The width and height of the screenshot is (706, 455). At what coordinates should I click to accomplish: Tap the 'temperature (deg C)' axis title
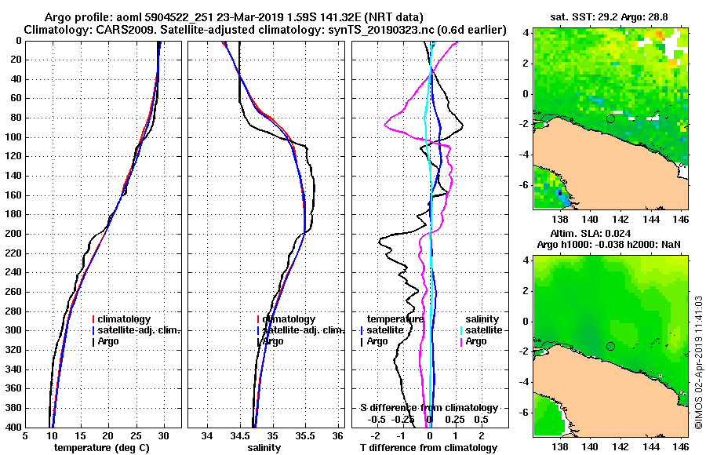click(x=101, y=448)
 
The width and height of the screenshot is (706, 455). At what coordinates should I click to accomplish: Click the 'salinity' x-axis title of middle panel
click(x=264, y=448)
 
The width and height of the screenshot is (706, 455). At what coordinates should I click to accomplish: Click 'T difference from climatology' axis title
click(x=428, y=448)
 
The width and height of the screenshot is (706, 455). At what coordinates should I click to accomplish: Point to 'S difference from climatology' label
click(x=428, y=408)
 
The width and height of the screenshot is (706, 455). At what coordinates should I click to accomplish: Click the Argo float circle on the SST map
click(x=610, y=118)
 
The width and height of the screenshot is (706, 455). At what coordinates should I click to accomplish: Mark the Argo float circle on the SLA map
click(x=610, y=346)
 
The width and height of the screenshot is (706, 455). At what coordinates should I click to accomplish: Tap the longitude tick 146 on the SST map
click(x=680, y=220)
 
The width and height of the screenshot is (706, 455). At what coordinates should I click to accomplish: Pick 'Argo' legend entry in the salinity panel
click(x=273, y=341)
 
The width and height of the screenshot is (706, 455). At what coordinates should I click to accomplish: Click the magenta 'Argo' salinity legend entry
click(x=475, y=341)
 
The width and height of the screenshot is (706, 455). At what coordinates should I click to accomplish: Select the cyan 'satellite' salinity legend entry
click(x=482, y=330)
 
